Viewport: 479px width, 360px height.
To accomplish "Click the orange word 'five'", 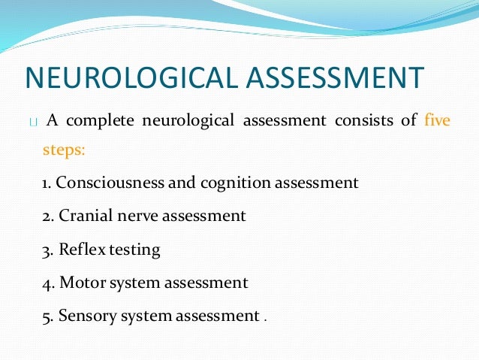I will click(x=437, y=119).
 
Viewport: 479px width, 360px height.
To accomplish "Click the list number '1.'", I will click(x=47, y=183).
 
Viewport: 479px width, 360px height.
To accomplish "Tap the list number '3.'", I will click(x=48, y=250).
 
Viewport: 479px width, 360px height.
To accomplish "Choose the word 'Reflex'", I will click(x=80, y=250).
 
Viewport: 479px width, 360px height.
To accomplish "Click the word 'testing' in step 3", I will click(x=134, y=250).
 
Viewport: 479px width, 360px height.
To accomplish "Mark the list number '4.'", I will click(x=48, y=283).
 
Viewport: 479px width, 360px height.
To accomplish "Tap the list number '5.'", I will click(x=48, y=317).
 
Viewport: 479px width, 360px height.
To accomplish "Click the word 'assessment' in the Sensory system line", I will click(x=216, y=317).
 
